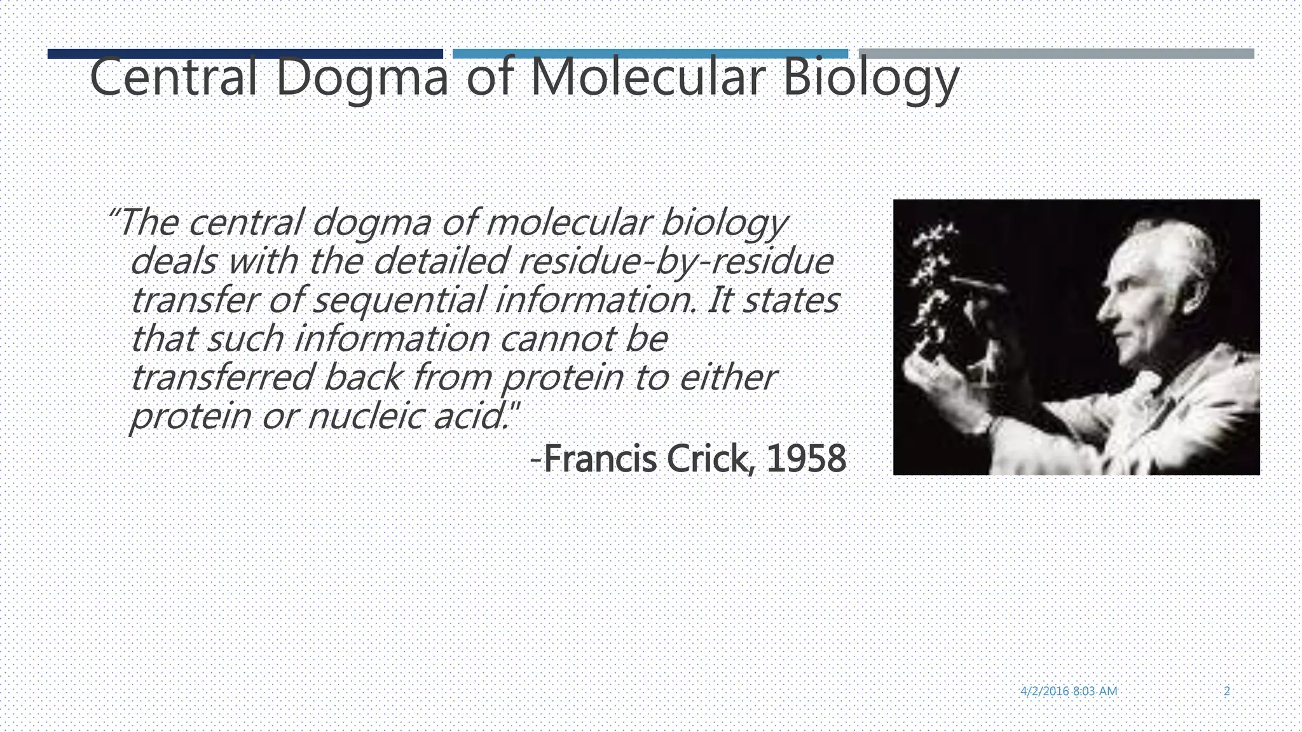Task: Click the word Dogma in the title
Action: coord(362,78)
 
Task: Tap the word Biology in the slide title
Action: coord(870,78)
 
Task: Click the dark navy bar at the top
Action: coord(245,54)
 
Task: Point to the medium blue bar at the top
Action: coord(650,53)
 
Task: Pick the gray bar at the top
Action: coord(1056,53)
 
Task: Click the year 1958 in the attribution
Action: coord(806,459)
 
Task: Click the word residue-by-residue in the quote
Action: coord(676,261)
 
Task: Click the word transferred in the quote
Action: coord(222,377)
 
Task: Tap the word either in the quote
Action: coord(728,377)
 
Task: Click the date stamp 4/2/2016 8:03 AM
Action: coord(1069,691)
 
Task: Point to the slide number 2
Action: coord(1226,691)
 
